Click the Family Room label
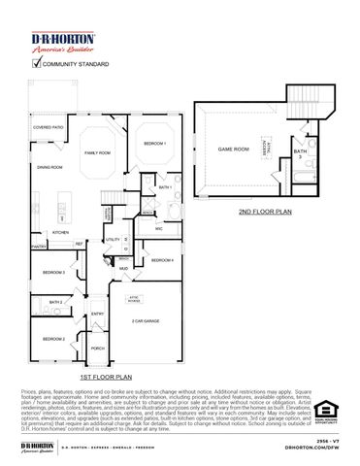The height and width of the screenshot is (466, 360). (x=98, y=153)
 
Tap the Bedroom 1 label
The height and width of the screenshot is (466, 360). (x=155, y=144)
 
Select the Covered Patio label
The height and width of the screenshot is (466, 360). (x=49, y=127)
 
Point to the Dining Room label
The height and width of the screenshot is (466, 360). (x=50, y=168)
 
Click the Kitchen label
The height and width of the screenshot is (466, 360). (x=60, y=233)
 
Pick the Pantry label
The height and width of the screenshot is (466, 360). (x=39, y=248)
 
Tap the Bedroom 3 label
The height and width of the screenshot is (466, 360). (x=54, y=273)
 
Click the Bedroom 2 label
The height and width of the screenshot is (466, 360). (x=53, y=339)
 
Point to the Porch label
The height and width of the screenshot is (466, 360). (x=98, y=348)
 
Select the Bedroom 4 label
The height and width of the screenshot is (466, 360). (x=161, y=260)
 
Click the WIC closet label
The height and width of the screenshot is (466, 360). (x=158, y=228)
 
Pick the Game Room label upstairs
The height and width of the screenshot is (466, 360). (x=233, y=150)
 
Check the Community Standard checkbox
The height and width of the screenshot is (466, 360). (x=39, y=64)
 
